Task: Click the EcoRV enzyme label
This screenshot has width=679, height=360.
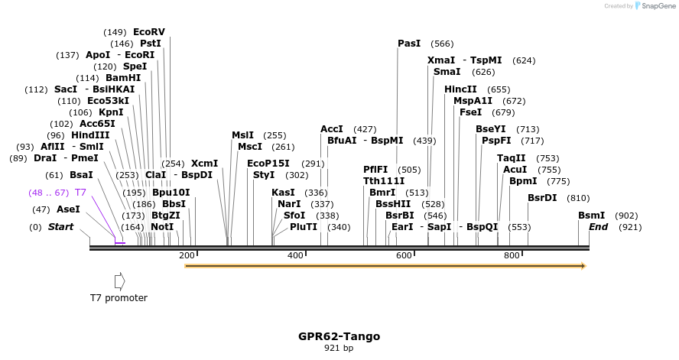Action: tap(149, 32)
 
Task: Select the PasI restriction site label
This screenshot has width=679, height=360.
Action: tap(408, 44)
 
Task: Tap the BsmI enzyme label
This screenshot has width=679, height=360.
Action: tap(591, 216)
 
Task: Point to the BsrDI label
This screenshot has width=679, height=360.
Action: tap(543, 198)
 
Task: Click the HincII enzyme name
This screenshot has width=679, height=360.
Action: tap(460, 89)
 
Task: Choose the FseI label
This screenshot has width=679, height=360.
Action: tap(471, 112)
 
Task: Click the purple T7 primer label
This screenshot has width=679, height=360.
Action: tap(80, 193)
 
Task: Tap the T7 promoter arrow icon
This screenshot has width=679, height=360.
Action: tap(119, 281)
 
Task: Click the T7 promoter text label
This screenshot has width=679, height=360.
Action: tap(119, 298)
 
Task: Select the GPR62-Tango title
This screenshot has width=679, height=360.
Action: tap(339, 336)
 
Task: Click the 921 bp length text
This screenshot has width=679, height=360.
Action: tap(339, 349)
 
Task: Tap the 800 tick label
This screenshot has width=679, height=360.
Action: tap(512, 255)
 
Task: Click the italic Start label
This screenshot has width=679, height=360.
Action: tap(61, 227)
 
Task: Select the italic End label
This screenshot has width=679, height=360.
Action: tap(598, 227)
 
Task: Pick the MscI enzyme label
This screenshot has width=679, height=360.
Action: tap(250, 147)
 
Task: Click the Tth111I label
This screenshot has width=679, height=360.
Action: tap(384, 181)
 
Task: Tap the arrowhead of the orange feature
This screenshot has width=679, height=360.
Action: tap(583, 266)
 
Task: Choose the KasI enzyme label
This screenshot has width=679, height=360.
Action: tap(283, 193)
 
